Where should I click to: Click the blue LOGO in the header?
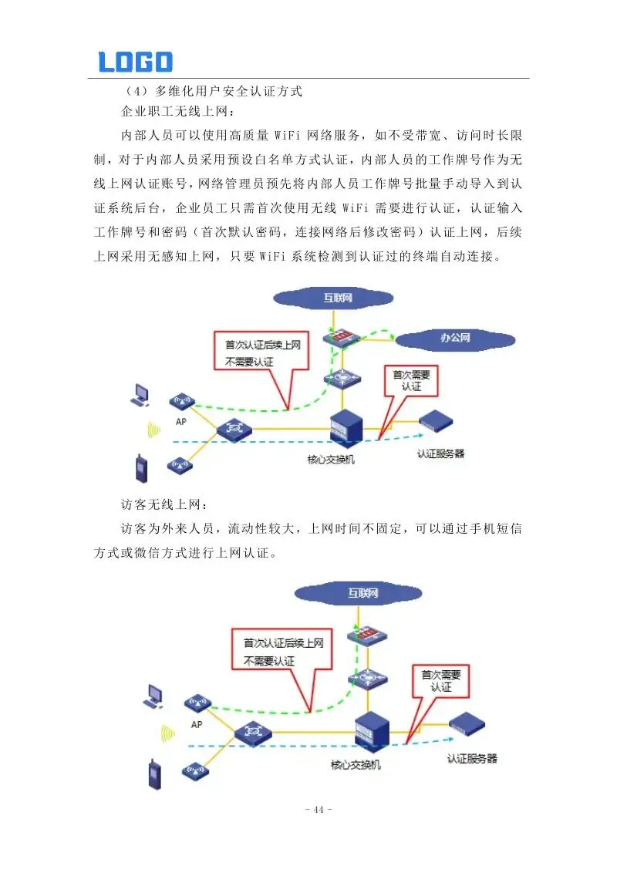tap(135, 62)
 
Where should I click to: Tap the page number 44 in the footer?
tap(318, 809)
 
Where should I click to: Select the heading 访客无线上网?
tap(164, 505)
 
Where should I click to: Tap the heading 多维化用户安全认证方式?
tap(228, 91)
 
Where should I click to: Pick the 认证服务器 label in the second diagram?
tap(472, 759)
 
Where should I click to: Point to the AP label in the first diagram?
tap(181, 422)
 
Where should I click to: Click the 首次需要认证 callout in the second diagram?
tap(440, 679)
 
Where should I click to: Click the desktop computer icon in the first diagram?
tap(140, 395)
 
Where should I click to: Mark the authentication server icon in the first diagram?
tap(436, 422)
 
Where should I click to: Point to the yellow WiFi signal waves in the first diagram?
tap(153, 430)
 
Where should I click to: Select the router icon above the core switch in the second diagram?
tap(366, 678)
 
